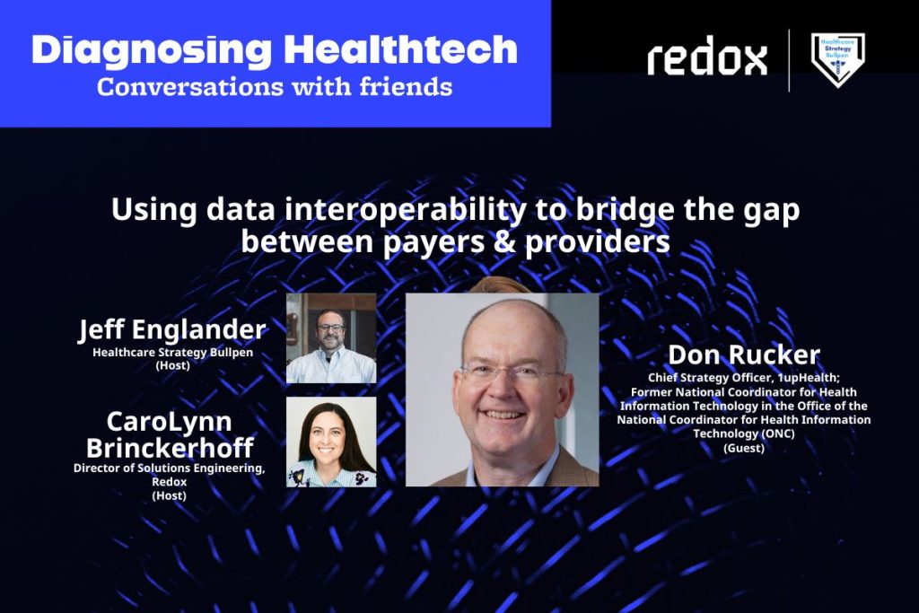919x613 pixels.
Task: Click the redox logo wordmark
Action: [707, 56]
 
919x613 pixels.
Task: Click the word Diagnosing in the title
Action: [151, 50]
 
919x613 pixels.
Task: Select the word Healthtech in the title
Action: [401, 49]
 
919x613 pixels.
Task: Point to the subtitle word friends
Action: [406, 87]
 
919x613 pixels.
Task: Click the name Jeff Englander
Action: [172, 329]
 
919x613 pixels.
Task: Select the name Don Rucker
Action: [744, 355]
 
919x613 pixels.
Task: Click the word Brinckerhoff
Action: [170, 448]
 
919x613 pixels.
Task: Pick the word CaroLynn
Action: [169, 422]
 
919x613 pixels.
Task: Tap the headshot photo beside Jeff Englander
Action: [331, 338]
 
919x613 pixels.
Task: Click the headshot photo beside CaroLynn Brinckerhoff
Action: [331, 442]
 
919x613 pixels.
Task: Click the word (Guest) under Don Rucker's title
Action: [744, 448]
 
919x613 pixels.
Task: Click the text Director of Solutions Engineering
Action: [169, 469]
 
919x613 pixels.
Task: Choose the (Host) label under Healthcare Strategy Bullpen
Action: [173, 365]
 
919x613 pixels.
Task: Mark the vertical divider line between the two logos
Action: [789, 60]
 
